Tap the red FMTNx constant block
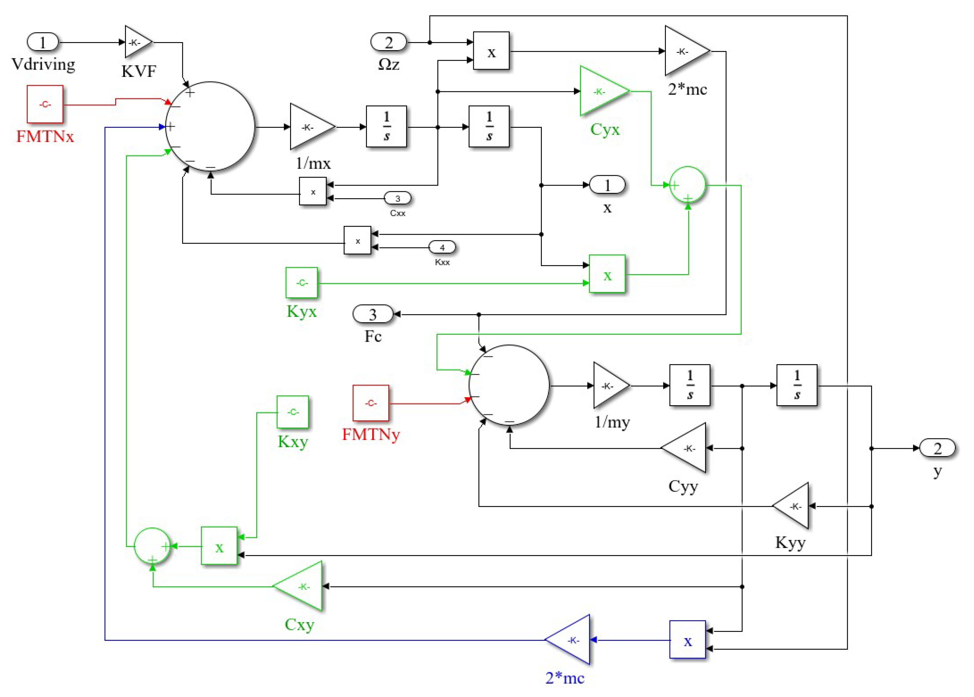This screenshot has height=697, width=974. click(x=45, y=104)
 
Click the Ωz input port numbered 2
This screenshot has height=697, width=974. click(x=389, y=42)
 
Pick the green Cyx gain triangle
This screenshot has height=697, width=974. click(x=605, y=91)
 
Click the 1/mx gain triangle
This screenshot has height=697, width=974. click(x=312, y=127)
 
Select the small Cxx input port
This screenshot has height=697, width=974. click(x=398, y=198)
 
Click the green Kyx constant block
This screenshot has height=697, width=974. click(x=302, y=282)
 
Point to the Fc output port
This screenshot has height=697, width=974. click(x=373, y=314)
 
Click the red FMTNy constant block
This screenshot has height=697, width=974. click(x=371, y=403)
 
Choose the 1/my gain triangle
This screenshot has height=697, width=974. click(x=611, y=385)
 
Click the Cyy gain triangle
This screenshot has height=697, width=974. click(x=684, y=448)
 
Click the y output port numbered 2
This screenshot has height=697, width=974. click(x=937, y=448)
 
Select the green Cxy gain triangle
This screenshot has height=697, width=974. click(x=298, y=586)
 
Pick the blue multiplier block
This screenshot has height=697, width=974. click(x=688, y=639)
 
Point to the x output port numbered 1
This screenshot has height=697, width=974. click(x=607, y=185)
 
